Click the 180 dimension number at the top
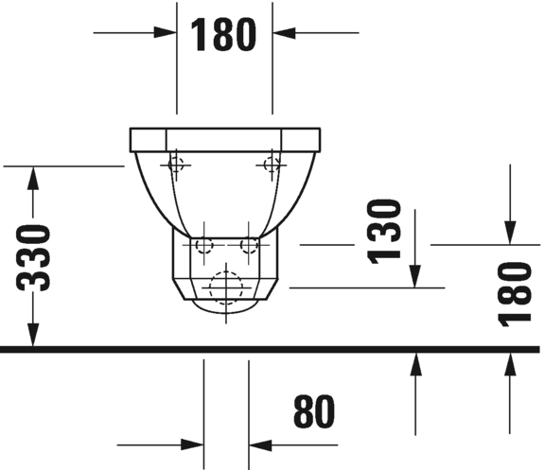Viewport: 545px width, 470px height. [224, 35]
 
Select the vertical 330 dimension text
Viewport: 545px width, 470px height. [34, 257]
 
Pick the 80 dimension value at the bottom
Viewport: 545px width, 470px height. [314, 412]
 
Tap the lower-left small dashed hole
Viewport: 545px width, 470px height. [202, 246]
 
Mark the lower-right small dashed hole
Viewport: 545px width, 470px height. [249, 246]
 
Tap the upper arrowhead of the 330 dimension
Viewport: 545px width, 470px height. [34, 179]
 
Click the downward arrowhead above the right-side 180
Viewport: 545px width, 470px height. [510, 232]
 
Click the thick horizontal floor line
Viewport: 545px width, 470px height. [272, 349]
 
